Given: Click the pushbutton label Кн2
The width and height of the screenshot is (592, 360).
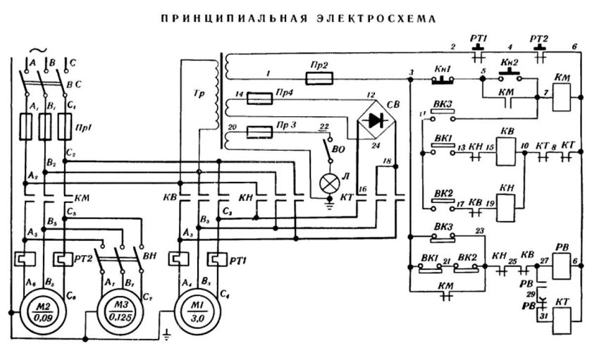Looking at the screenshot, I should [x=509, y=63].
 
